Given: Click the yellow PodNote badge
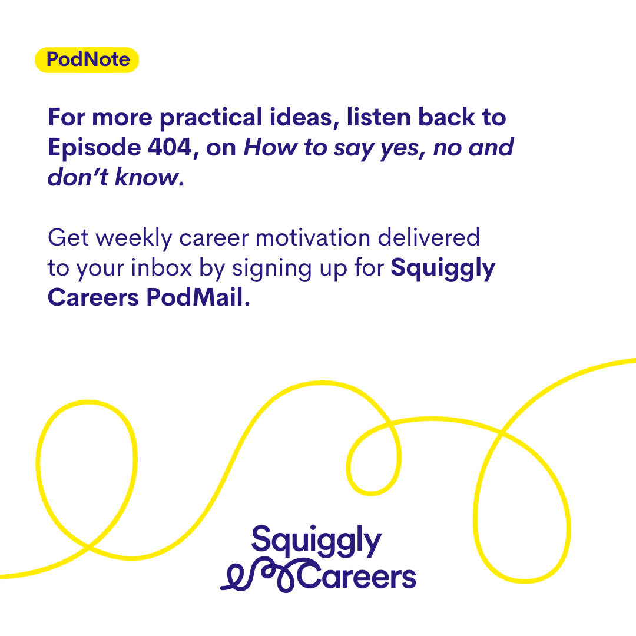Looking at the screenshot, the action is tap(87, 60).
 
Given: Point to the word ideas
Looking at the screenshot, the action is tap(304, 118).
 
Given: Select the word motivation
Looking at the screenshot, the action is tap(313, 238).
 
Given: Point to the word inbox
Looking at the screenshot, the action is tap(161, 268).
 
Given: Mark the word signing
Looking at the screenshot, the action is tap(271, 269).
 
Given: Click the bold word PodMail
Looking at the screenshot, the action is tap(198, 297).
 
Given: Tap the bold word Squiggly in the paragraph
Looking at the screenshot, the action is tap(443, 269).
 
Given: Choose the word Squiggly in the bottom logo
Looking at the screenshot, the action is tap(316, 541).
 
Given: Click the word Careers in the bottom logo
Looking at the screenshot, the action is tap(357, 575).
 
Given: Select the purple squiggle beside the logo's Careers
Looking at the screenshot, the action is tap(260, 575).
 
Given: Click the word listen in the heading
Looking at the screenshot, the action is tap(379, 117).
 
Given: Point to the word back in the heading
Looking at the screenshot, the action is tap(446, 117).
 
